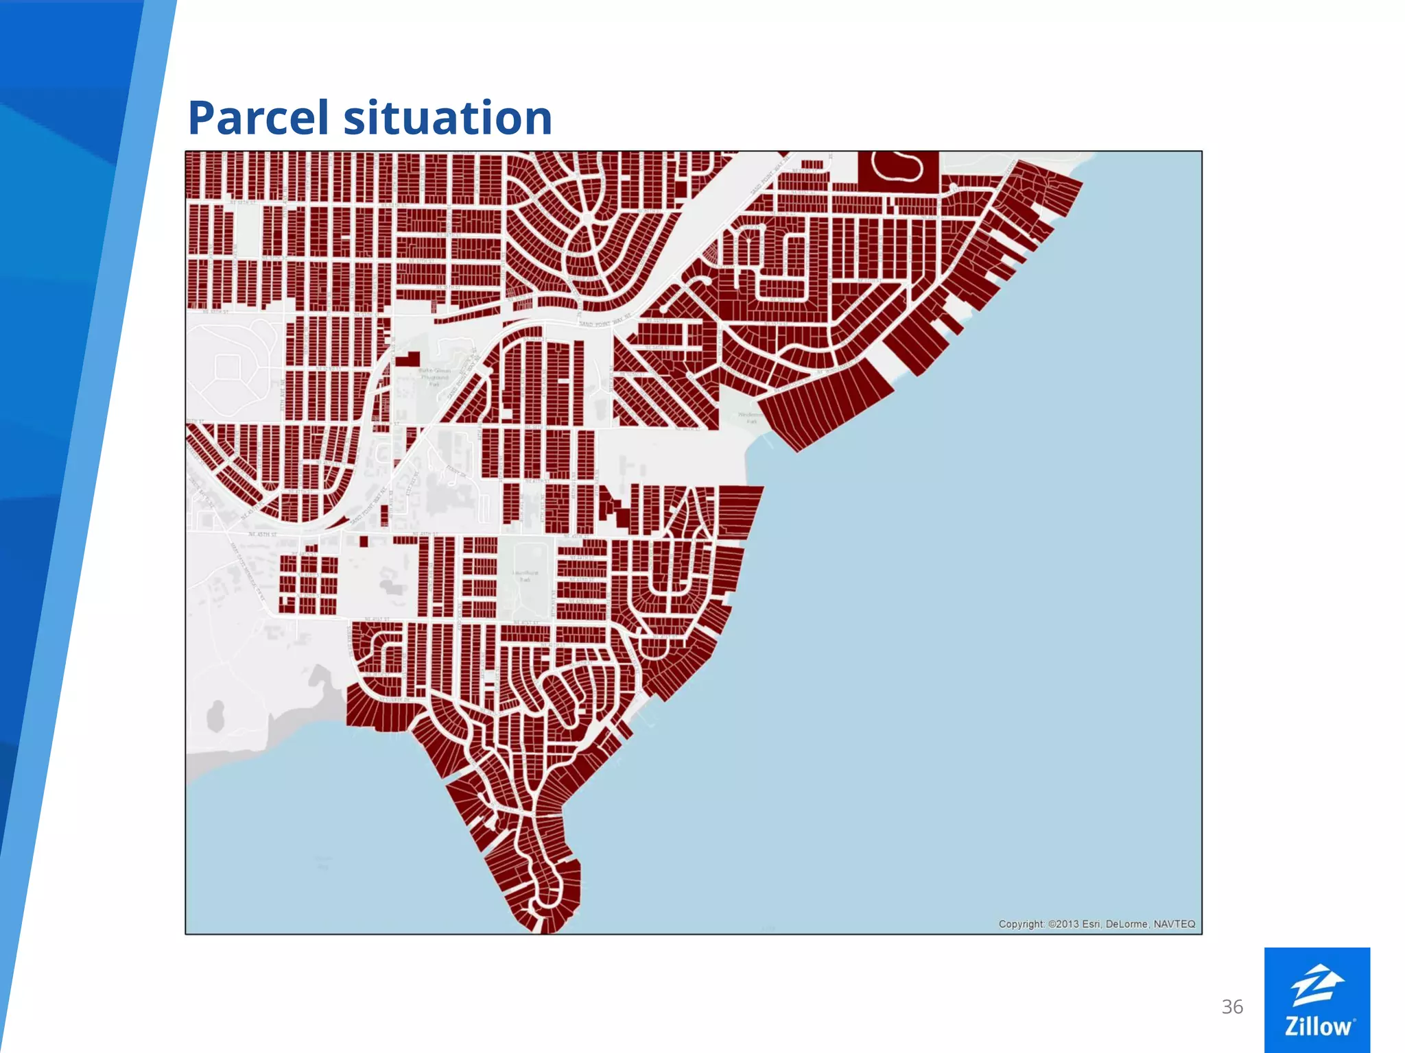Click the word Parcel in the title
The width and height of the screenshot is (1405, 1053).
click(258, 118)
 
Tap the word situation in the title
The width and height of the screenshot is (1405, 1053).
click(447, 118)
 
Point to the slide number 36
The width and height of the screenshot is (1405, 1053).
click(1232, 1006)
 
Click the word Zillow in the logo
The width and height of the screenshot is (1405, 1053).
click(1317, 1026)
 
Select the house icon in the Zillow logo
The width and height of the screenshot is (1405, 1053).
click(1317, 984)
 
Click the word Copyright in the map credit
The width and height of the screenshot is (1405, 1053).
click(1022, 924)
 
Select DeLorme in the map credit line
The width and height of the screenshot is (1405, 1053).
click(1127, 924)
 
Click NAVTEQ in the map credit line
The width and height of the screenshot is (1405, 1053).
click(1174, 924)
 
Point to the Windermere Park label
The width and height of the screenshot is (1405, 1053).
click(751, 417)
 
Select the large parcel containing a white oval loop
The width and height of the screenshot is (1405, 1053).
click(898, 170)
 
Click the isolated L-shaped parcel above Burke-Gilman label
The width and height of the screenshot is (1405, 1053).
click(409, 360)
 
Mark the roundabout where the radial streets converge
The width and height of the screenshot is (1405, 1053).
click(588, 218)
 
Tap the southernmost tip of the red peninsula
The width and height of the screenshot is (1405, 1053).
click(542, 931)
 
